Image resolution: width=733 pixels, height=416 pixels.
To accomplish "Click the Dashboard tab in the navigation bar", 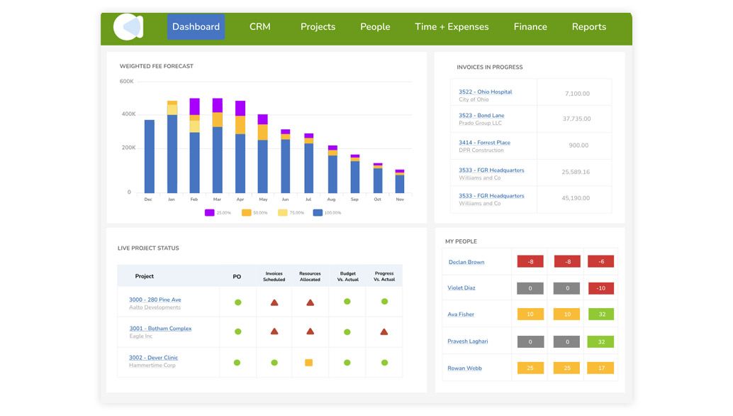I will pos(196,27).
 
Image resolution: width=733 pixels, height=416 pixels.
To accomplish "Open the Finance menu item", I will pos(530,27).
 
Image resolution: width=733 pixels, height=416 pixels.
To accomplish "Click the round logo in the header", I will pos(128,27).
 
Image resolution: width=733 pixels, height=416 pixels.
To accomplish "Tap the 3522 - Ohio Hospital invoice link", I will pos(485,92).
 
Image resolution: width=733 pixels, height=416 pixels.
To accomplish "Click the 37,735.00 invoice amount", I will pos(576,119).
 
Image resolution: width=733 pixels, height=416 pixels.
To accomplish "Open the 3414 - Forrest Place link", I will pos(484,143).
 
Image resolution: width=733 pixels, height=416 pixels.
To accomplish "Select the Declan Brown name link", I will pos(466,262).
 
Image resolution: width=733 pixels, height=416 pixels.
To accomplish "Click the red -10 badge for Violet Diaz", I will pos(600,288).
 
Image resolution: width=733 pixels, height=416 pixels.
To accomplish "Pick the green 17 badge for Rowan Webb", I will pos(600,368).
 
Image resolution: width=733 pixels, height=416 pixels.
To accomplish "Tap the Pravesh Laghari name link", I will pos(467,341).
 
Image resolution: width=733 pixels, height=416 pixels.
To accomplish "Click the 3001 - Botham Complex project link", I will pos(160,329).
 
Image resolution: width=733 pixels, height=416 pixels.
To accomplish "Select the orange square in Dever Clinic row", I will pos(308,363).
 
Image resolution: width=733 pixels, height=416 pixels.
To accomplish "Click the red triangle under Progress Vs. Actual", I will pos(384,332).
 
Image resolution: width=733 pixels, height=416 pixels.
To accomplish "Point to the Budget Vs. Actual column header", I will pos(347,276).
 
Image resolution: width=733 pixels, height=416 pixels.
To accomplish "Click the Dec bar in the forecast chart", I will pos(149,156).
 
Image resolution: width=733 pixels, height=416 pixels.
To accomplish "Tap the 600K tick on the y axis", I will pos(126,82).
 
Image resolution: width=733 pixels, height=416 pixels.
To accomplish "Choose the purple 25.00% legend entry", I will pos(217,213).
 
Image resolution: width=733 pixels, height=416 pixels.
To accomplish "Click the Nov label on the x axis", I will pos(400,199).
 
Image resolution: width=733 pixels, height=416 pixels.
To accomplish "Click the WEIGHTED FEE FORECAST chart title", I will pos(156,66).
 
